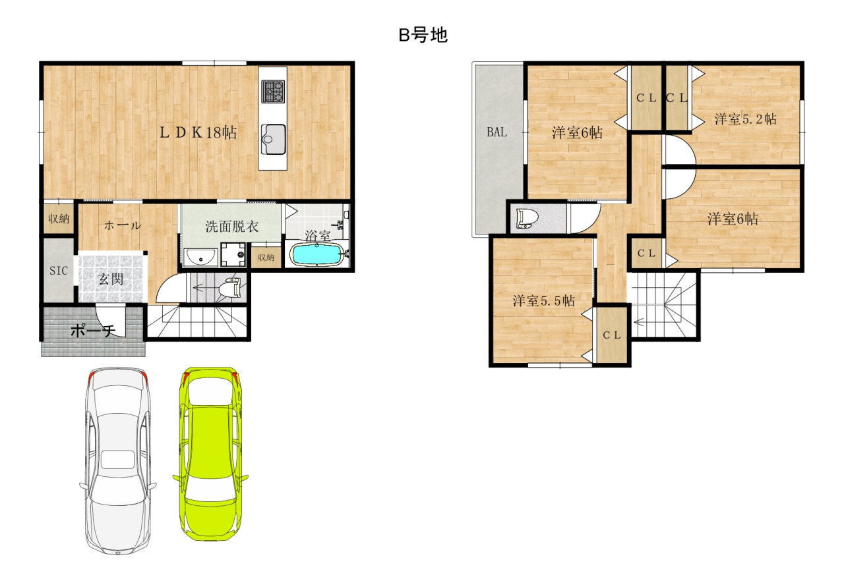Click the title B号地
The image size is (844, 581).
(423, 36)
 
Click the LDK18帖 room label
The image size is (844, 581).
(198, 132)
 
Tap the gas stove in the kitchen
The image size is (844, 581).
(273, 91)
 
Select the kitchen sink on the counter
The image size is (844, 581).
(273, 137)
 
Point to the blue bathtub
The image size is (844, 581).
(316, 254)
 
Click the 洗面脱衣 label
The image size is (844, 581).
(231, 227)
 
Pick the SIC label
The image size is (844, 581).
(59, 270)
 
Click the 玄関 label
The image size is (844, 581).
(111, 279)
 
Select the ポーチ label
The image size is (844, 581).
(92, 331)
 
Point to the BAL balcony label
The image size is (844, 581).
(497, 132)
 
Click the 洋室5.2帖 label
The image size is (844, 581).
(745, 119)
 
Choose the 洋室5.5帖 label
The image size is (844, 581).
(543, 301)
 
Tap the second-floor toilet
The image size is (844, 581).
(526, 218)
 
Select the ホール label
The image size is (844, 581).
(122, 225)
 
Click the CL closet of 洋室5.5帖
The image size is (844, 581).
(612, 335)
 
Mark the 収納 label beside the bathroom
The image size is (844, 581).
(266, 258)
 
